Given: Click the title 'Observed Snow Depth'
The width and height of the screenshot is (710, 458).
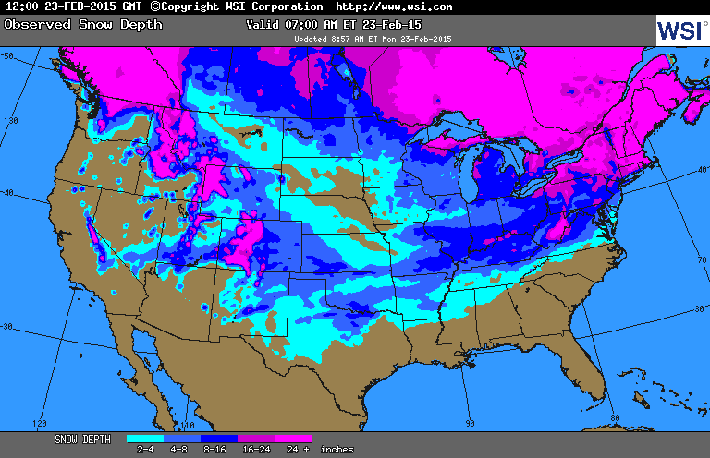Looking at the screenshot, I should click(83, 24).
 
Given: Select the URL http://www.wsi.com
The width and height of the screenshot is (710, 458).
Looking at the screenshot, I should click(394, 6).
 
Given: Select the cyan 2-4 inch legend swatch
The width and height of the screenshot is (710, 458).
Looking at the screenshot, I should click(145, 440).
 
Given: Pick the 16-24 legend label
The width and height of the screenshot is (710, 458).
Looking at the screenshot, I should click(256, 450).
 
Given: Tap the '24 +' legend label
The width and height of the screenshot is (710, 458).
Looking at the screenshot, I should click(293, 450).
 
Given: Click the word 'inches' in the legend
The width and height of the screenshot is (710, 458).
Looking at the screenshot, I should click(337, 450).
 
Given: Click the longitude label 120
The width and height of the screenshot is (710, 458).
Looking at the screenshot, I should click(39, 423).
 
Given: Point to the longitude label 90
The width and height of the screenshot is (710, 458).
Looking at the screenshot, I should click(470, 423).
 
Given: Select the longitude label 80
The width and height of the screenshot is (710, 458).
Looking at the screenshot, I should click(616, 417).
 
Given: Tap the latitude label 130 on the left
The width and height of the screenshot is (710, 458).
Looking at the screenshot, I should click(11, 121).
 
